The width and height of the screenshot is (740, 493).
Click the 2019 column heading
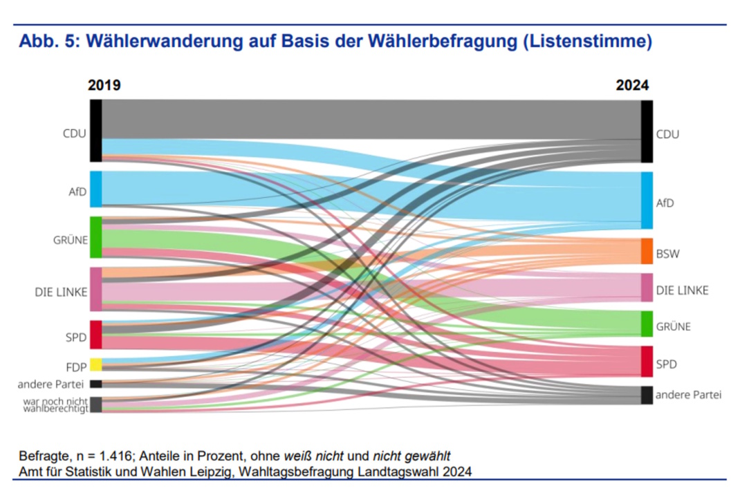pos(104,86)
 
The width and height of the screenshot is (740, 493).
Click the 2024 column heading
pos(632,86)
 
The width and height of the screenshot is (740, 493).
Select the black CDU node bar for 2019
pos(96,130)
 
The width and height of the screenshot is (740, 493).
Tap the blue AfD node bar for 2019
pos(96,189)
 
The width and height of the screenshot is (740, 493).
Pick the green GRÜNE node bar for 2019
pos(96,237)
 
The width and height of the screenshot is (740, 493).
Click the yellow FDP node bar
pos(96,364)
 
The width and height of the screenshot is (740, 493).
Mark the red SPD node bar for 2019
pos(96,335)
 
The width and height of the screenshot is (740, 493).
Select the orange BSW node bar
pos(647,251)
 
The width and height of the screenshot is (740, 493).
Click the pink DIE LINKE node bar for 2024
pos(647,288)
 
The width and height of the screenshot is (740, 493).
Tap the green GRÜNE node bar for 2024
pos(647,324)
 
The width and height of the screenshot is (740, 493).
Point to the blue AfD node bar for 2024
pos(647,201)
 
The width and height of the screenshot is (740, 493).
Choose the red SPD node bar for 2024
pos(647,361)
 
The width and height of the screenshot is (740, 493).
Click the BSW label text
pos(668,254)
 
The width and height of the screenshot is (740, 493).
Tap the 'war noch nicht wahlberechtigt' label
pos(55,404)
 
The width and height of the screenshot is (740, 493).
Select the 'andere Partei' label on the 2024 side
pos(688,395)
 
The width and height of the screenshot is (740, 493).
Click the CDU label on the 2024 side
pos(667,134)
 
